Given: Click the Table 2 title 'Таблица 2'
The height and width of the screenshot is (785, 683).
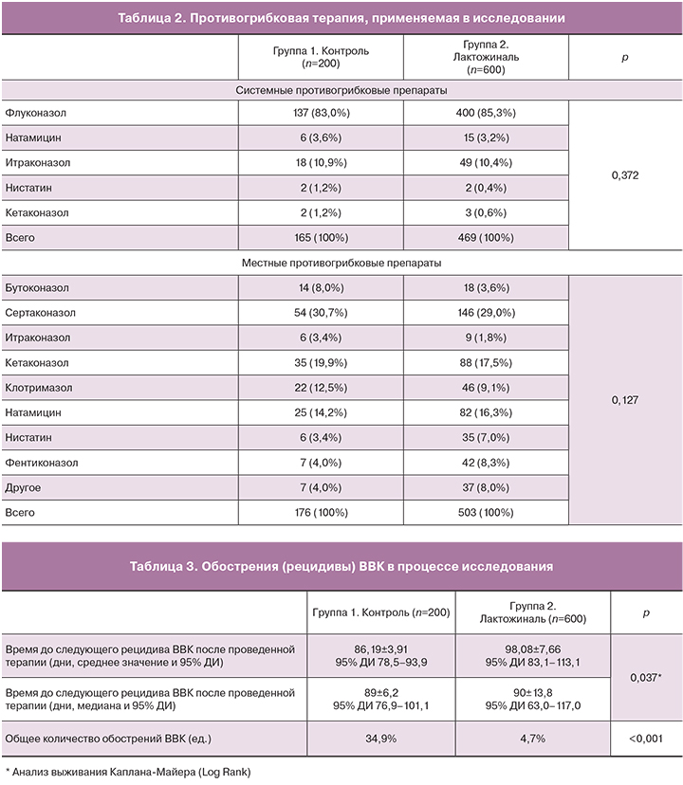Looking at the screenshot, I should click(x=341, y=18).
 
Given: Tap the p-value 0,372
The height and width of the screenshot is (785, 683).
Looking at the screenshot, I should click(x=624, y=174).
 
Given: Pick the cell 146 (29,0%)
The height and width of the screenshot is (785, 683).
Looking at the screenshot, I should click(x=486, y=312).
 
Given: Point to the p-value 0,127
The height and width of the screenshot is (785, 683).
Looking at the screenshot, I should click(x=624, y=400).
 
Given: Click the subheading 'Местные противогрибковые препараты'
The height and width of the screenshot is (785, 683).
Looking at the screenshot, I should click(x=341, y=262).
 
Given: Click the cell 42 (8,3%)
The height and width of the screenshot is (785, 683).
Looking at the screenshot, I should click(x=486, y=463).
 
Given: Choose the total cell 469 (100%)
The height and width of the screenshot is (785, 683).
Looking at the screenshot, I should click(x=486, y=237).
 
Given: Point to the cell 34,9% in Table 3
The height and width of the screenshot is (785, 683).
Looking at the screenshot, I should click(x=381, y=737).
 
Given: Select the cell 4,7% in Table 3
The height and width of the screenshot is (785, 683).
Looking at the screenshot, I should click(x=532, y=737).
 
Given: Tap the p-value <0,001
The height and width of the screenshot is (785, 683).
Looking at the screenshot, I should click(x=646, y=737).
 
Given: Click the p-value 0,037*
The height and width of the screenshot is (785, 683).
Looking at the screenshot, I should click(x=646, y=677).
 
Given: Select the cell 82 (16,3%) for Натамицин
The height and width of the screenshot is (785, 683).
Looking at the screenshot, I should click(x=486, y=412).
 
